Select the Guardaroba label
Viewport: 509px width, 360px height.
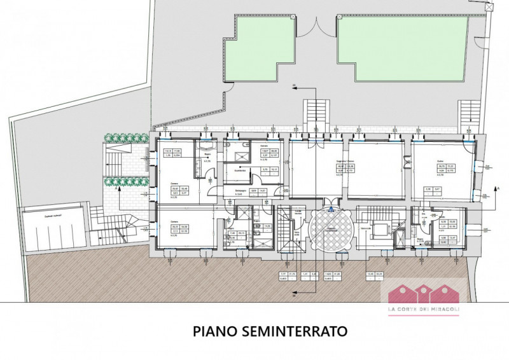pyautogui.click(x=241, y=170)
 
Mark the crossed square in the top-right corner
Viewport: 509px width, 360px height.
pyautogui.click(x=489, y=6)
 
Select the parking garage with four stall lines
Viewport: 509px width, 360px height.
pyautogui.click(x=55, y=226)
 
